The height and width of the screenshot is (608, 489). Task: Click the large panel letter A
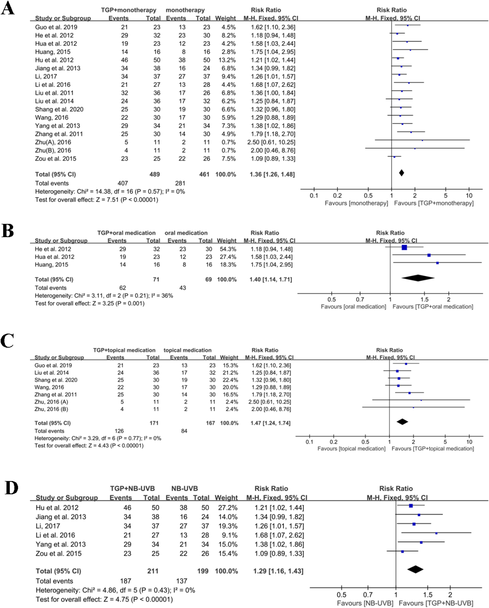(x=8, y=8)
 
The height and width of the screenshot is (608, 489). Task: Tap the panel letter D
(x=11, y=488)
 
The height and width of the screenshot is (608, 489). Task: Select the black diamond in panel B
(x=418, y=278)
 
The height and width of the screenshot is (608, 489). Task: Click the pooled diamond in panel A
(x=401, y=173)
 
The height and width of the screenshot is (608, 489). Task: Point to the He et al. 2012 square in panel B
(x=404, y=247)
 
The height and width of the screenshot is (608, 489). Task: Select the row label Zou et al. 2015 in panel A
(x=56, y=158)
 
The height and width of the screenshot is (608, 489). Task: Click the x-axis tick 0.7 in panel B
(x=360, y=299)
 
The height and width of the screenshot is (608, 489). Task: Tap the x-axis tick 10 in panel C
(x=469, y=442)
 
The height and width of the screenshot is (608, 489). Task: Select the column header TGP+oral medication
(x=126, y=233)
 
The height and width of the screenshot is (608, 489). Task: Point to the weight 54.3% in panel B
(x=228, y=249)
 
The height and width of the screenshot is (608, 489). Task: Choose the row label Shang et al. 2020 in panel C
(x=56, y=380)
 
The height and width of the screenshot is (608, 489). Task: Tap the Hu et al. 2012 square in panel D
(x=411, y=506)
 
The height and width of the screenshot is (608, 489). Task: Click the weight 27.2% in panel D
(x=228, y=508)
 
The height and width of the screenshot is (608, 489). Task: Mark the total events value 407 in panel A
(x=123, y=183)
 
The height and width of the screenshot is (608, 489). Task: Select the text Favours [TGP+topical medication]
(x=432, y=449)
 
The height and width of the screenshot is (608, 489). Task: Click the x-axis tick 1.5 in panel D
(x=427, y=595)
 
